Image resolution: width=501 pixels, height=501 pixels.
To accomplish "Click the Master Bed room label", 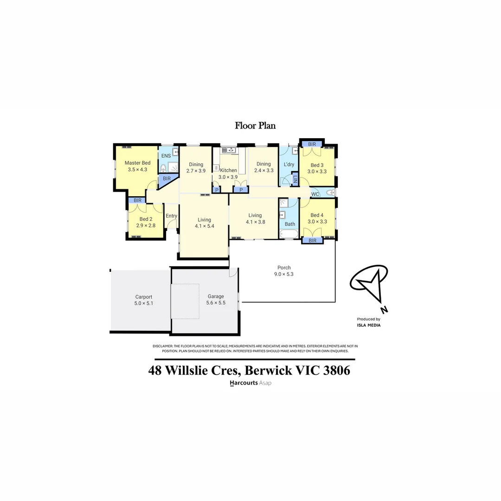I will pos(137,163).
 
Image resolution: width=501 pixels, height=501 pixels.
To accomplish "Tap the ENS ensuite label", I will pos(165,155).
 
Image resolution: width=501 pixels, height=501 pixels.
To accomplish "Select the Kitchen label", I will pos(228,171).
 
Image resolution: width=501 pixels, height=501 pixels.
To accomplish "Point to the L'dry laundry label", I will pos(289,165).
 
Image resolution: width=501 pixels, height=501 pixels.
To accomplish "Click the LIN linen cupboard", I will pos(295,179).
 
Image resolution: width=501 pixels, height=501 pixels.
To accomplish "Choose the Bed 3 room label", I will pos(317,165).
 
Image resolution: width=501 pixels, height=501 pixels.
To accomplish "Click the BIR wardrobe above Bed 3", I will pos(312,144).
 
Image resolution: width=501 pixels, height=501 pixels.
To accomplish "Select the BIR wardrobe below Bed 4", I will pos(312,241).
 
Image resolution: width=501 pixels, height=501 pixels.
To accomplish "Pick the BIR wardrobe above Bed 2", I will pos(137,200).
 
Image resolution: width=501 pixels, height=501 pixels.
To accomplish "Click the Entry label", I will pos(171,216).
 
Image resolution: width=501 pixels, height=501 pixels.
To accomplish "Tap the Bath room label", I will pos(290,224).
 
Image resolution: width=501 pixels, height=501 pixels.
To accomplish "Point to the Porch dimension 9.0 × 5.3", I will pos(284,274).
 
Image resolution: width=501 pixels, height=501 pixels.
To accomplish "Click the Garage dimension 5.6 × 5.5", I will pos(216,303).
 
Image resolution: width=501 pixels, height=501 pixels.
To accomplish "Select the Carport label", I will pos(143,297).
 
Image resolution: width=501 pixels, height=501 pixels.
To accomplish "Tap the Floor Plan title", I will pos(255,126).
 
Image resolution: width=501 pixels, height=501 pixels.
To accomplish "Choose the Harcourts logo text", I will pos(244,383).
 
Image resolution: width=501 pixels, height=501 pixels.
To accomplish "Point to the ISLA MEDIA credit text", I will pos(369,325).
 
